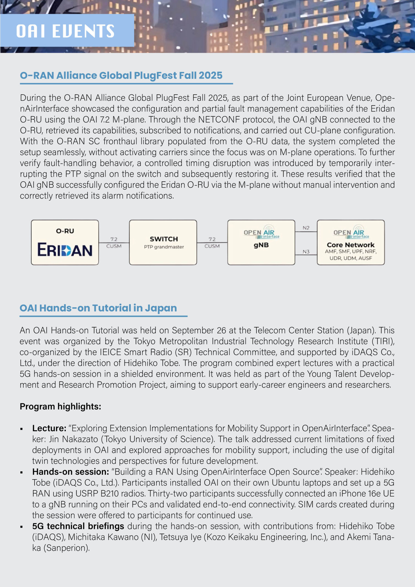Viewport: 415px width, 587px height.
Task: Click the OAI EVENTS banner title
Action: (x=65, y=31)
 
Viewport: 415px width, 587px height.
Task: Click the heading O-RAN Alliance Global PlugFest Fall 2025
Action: (x=121, y=75)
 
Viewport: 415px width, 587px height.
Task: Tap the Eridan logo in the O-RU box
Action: (x=65, y=250)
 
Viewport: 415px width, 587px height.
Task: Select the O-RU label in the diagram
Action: (x=65, y=231)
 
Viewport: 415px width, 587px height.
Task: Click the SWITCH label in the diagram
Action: (x=164, y=239)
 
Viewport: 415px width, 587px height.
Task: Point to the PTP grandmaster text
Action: (x=164, y=247)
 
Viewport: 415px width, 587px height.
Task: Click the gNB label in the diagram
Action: (x=261, y=245)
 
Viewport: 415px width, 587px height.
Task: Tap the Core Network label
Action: (x=351, y=245)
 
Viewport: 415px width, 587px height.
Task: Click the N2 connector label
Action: (x=306, y=228)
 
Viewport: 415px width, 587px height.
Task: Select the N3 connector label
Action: (x=306, y=252)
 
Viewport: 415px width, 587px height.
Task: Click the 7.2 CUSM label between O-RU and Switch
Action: (x=114, y=243)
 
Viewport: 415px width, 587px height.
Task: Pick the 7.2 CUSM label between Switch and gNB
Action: (x=212, y=243)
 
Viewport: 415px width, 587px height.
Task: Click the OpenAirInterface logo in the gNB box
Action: (x=261, y=232)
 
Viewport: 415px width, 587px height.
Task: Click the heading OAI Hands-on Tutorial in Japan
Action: (x=98, y=308)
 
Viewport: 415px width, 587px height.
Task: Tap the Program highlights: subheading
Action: (x=60, y=407)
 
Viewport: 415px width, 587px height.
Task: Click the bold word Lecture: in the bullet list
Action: (x=49, y=428)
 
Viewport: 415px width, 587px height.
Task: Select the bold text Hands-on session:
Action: (x=71, y=472)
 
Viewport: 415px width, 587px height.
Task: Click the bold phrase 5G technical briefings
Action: (x=78, y=526)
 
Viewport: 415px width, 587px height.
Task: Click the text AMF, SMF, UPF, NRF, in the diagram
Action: (x=351, y=252)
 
